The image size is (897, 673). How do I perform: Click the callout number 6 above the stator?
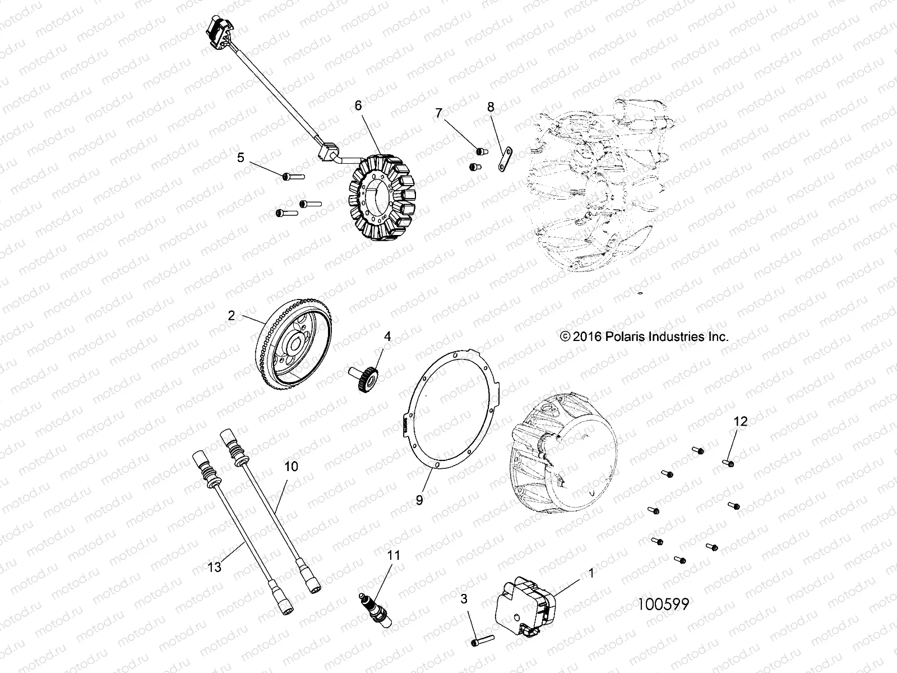point(374,105)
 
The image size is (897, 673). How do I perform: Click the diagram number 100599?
point(663,603)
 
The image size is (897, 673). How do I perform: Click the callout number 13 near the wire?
point(214,567)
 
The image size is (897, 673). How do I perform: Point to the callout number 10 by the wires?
point(291,466)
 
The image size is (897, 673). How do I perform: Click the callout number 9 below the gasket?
point(419,500)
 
